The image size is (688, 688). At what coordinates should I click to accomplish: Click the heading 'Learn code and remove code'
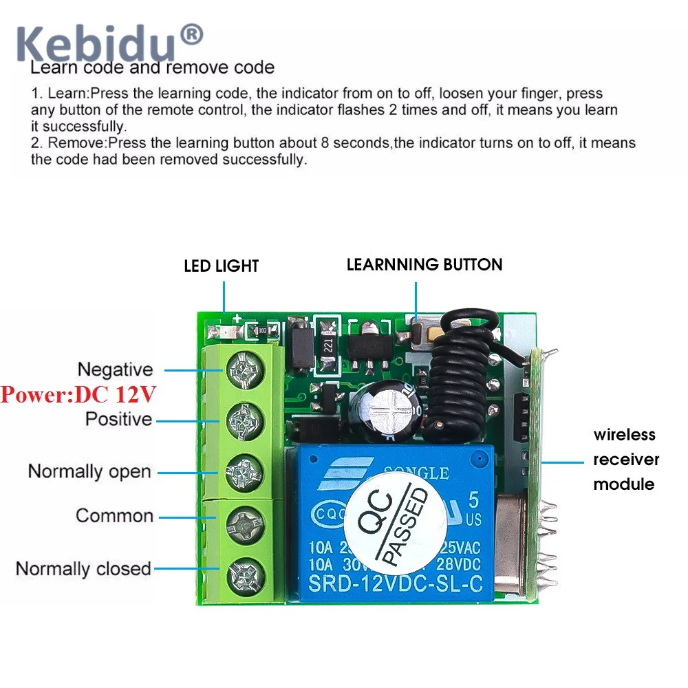[153, 67]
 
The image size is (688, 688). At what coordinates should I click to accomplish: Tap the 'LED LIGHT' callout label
[221, 266]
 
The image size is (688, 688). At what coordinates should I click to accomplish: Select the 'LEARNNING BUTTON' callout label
[424, 264]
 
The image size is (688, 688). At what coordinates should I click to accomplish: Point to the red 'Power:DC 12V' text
[78, 395]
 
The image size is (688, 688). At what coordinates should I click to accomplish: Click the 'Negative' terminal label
[115, 369]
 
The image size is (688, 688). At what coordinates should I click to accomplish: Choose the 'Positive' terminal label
[118, 418]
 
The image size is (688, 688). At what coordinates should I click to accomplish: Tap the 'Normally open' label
[89, 472]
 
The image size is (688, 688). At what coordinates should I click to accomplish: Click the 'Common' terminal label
[114, 515]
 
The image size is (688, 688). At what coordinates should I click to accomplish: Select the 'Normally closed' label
[83, 569]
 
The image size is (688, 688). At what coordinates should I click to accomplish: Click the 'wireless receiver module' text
[625, 459]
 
